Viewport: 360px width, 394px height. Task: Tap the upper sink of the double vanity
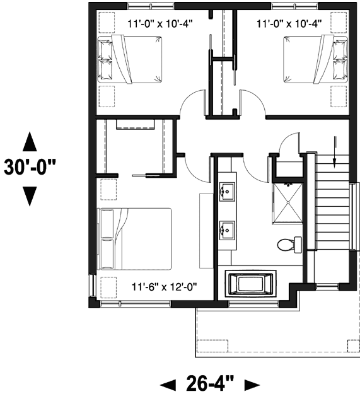pyautogui.click(x=226, y=191)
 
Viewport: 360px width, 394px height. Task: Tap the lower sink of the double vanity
pyautogui.click(x=226, y=231)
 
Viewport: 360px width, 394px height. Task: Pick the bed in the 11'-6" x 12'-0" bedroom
pyautogui.click(x=135, y=238)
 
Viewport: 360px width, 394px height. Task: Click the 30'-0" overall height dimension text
pyautogui.click(x=29, y=170)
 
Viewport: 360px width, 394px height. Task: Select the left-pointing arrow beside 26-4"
pyautogui.click(x=168, y=383)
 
